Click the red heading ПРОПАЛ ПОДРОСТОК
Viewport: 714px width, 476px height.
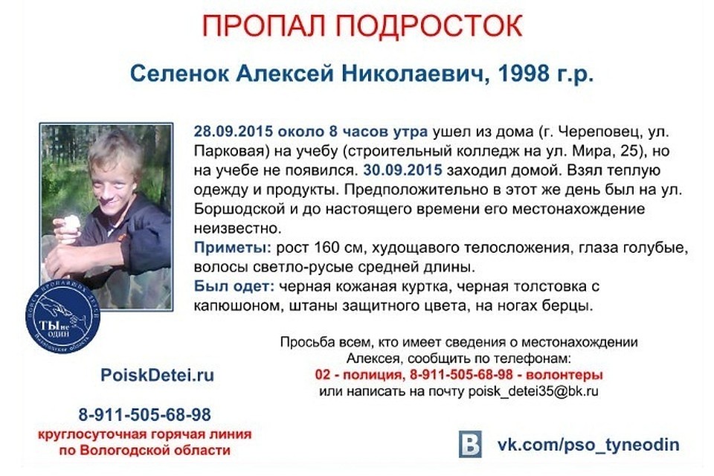click(x=363, y=27)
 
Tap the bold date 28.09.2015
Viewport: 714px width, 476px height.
click(x=234, y=132)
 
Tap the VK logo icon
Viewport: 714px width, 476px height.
click(x=469, y=445)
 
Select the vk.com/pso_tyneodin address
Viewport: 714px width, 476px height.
click(x=588, y=445)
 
